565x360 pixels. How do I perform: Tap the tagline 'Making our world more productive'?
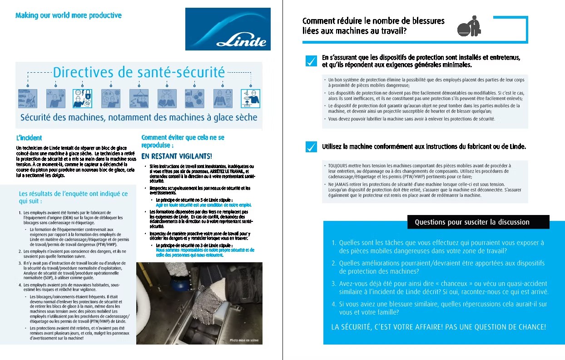click(69, 15)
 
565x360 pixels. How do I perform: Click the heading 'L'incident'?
click(29, 138)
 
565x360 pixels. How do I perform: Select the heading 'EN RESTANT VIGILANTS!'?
click(177, 156)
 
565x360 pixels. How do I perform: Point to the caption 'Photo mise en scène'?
click(244, 340)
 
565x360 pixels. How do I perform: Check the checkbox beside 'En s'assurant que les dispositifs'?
click(311, 61)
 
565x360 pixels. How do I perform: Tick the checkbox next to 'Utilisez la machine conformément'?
click(311, 147)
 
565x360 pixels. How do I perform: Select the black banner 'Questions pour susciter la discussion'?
click(478, 222)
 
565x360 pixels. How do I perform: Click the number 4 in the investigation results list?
click(20, 285)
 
